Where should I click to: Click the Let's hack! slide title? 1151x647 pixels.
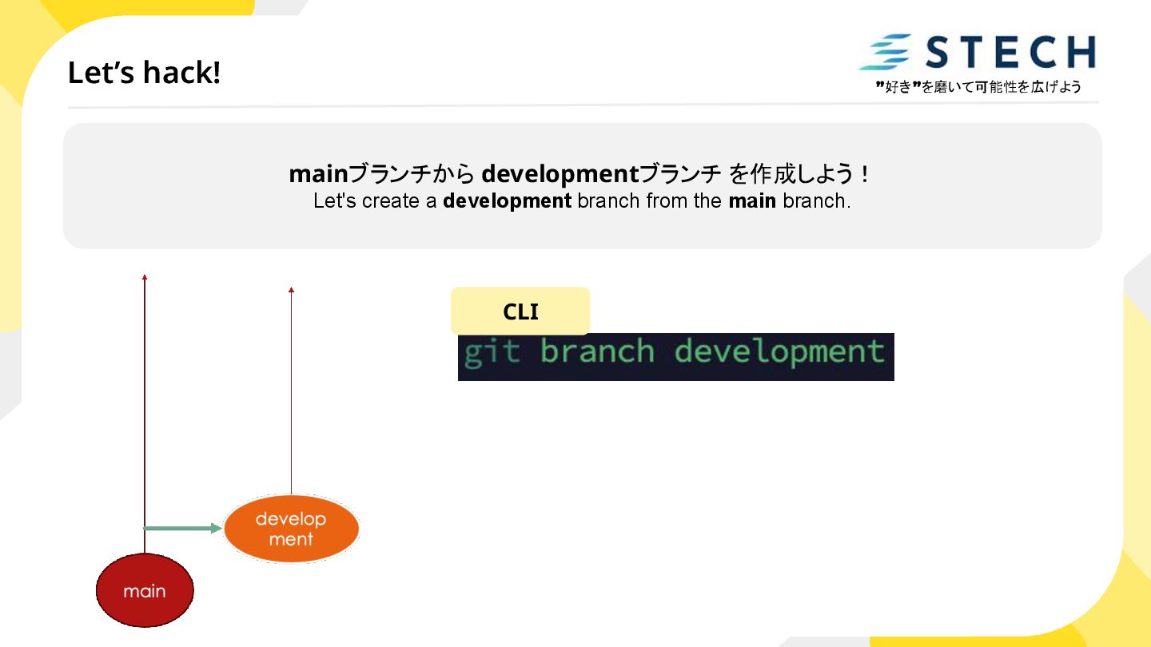[x=144, y=73]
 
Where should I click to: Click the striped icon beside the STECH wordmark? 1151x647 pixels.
[x=885, y=53]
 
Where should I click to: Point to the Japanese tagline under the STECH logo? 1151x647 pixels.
[x=978, y=87]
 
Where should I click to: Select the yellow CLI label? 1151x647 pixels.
[x=520, y=312]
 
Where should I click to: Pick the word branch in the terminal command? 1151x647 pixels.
[x=596, y=352]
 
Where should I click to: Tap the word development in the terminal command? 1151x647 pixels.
[x=779, y=352]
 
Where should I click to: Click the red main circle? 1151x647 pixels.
[x=145, y=591]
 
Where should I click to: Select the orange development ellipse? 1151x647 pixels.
[x=291, y=529]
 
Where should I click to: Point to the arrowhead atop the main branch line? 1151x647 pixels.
[x=145, y=277]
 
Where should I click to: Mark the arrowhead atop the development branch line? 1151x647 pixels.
[x=291, y=289]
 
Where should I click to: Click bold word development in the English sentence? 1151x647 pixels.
[x=507, y=201]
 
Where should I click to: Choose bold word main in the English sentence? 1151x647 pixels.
[x=752, y=201]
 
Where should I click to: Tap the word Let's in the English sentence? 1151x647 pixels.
[x=335, y=201]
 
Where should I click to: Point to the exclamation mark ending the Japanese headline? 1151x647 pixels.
[x=866, y=173]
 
